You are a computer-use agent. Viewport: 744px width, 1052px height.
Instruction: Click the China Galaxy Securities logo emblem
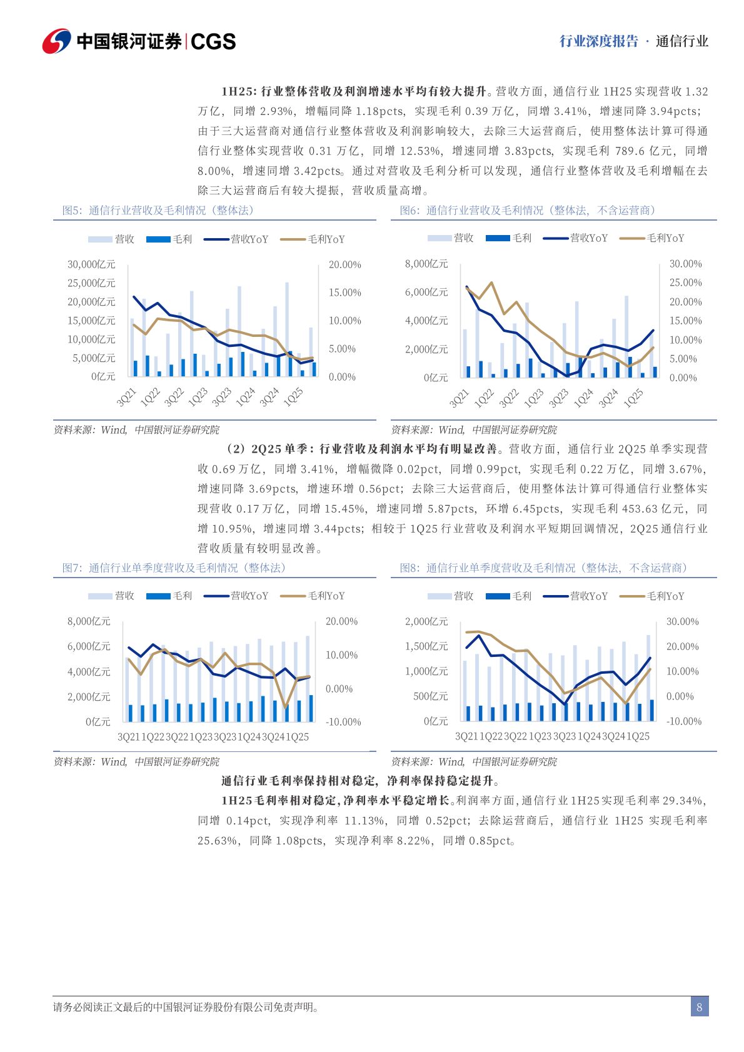[x=56, y=41]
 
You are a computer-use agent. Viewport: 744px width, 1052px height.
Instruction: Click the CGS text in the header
[x=213, y=42]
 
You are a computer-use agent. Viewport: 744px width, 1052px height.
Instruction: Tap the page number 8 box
[x=699, y=1007]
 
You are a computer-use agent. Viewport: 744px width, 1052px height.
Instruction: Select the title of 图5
[x=158, y=211]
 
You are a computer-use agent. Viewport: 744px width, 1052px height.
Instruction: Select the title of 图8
[x=543, y=568]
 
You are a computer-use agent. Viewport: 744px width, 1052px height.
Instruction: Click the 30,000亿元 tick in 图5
[x=91, y=264]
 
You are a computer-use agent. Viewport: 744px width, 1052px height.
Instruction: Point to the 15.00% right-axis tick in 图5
[x=344, y=293]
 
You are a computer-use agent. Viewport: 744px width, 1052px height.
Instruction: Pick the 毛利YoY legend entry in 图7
[x=313, y=596]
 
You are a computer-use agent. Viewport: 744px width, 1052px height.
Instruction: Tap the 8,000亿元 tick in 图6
[x=426, y=264]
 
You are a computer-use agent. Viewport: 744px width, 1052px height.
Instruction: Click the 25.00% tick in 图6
[x=685, y=283]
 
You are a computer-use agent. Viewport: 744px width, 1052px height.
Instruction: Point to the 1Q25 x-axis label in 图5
[x=293, y=397]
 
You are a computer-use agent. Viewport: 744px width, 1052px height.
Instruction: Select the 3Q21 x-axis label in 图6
[x=459, y=398]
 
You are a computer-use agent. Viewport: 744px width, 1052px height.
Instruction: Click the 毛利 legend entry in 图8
[x=508, y=596]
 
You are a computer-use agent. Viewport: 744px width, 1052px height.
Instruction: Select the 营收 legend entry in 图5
[x=111, y=239]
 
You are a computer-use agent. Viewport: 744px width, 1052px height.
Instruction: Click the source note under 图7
[x=136, y=761]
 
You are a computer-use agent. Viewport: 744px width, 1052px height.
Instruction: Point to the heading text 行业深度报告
[x=598, y=41]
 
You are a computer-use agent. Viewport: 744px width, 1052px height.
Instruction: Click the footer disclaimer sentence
[x=187, y=1007]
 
